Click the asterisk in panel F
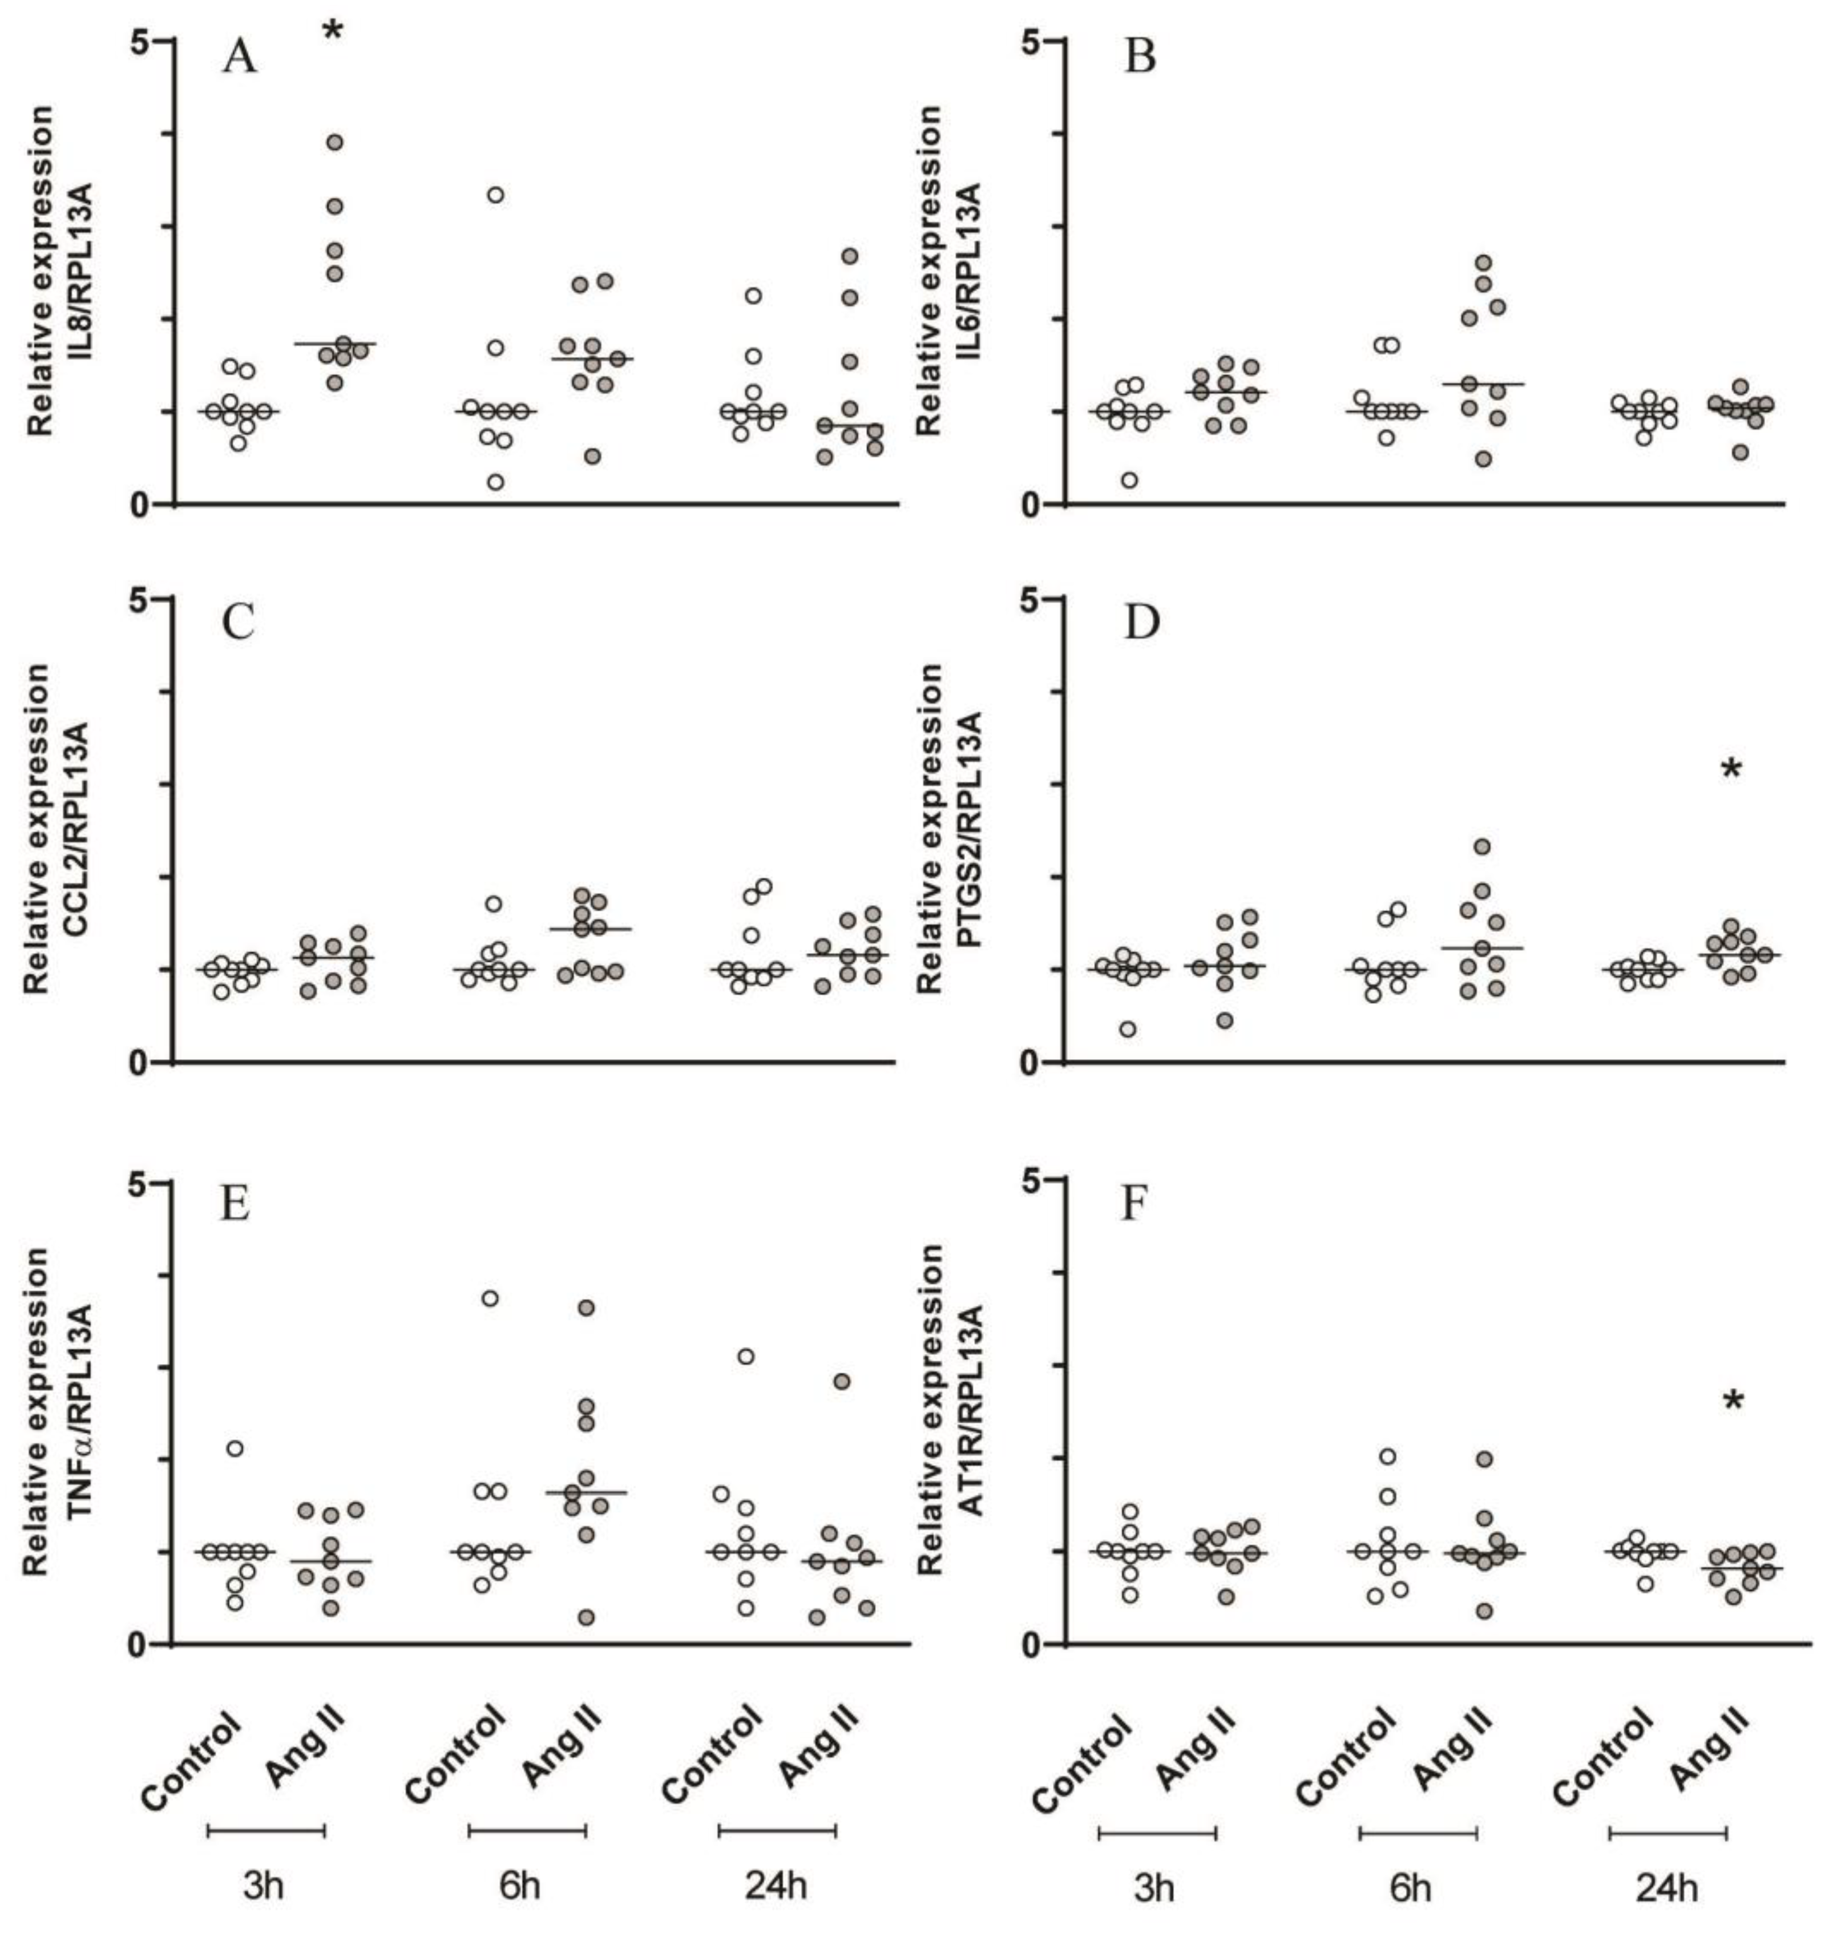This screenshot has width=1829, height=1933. [1733, 1402]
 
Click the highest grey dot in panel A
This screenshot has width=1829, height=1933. [334, 142]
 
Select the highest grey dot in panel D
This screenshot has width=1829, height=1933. [1482, 846]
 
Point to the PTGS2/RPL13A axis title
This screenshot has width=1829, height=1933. [968, 829]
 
